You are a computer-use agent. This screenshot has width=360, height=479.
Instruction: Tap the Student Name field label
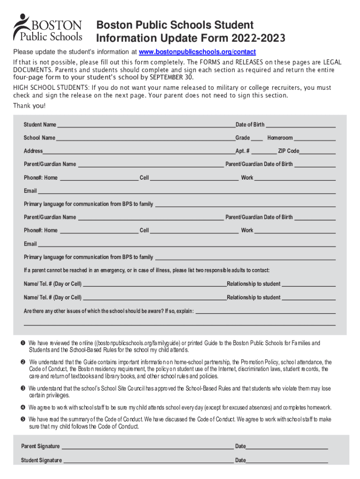coord(40,125)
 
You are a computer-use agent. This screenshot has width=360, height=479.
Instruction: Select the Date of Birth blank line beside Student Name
coord(301,125)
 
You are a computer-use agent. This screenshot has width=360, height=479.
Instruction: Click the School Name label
coord(39,138)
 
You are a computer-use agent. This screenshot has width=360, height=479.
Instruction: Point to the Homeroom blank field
coord(315,138)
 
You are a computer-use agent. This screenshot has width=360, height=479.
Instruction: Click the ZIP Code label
coord(288,151)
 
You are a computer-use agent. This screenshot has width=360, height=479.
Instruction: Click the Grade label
coord(242,138)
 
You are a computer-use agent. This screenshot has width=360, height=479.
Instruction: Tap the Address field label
coord(33,151)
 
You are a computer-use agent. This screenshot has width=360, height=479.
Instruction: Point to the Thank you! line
coord(29,106)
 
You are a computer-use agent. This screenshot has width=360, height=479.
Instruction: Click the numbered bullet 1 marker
coord(22,344)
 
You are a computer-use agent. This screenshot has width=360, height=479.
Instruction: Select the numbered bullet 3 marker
coord(22,389)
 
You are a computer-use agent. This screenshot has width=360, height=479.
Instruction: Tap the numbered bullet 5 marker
coord(22,419)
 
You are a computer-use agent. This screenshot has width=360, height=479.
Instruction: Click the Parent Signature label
coord(40,446)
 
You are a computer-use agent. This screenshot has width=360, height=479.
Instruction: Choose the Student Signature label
coord(41,460)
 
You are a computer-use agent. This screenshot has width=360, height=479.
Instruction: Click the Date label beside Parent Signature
coord(240,446)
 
